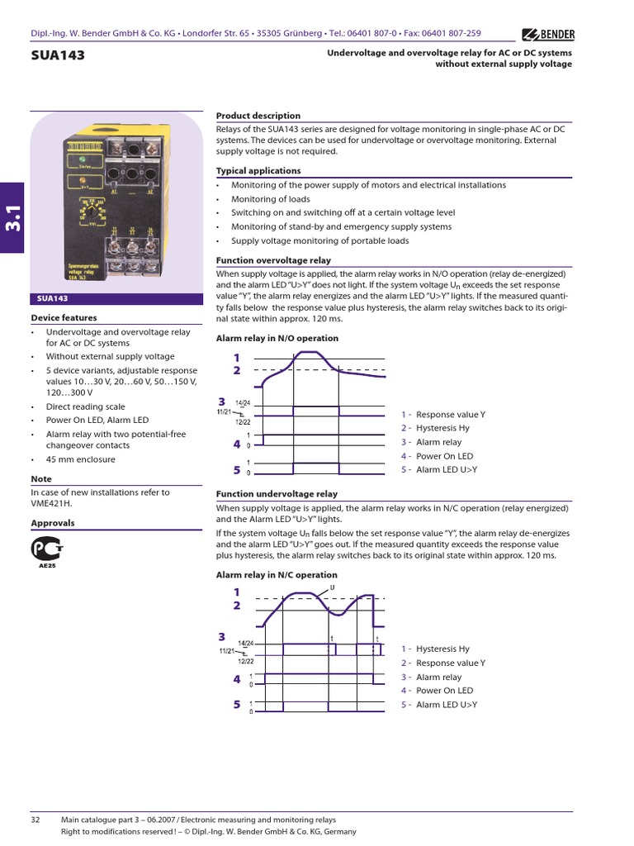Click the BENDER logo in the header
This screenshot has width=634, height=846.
coord(548,34)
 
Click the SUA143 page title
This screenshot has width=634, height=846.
coord(58,56)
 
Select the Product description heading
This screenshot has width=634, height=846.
coord(258,116)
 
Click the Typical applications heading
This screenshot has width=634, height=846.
coord(258,171)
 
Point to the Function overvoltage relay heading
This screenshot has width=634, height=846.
coord(272,260)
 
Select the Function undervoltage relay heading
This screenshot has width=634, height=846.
coord(276,494)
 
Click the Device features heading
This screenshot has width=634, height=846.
coord(64,317)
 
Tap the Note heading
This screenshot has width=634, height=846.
coord(41,479)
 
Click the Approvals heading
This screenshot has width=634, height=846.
coord(53,523)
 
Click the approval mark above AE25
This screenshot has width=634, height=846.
coord(47,549)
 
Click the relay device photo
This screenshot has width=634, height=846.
coord(115,202)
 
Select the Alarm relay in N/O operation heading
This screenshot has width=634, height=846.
coord(277,339)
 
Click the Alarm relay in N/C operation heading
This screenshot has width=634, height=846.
coord(277,575)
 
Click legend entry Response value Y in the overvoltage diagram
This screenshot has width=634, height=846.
coord(450,414)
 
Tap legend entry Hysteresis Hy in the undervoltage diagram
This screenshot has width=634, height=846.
coord(442,649)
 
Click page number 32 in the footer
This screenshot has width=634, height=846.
coord(35,820)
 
